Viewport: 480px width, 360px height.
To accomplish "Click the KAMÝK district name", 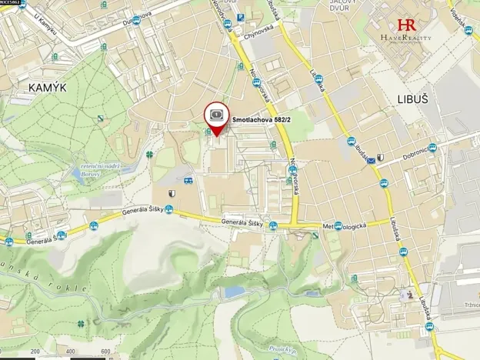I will [x=47, y=88].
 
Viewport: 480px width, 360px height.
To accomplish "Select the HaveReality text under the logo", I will [x=406, y=38].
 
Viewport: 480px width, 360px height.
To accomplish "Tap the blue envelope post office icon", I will [x=371, y=161].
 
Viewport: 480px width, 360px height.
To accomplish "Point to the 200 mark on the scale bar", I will [x=35, y=352].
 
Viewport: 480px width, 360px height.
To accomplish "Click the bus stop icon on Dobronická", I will [x=432, y=148].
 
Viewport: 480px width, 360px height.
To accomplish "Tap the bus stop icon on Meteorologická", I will [x=338, y=225].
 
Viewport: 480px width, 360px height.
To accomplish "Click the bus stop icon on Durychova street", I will [x=136, y=21].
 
